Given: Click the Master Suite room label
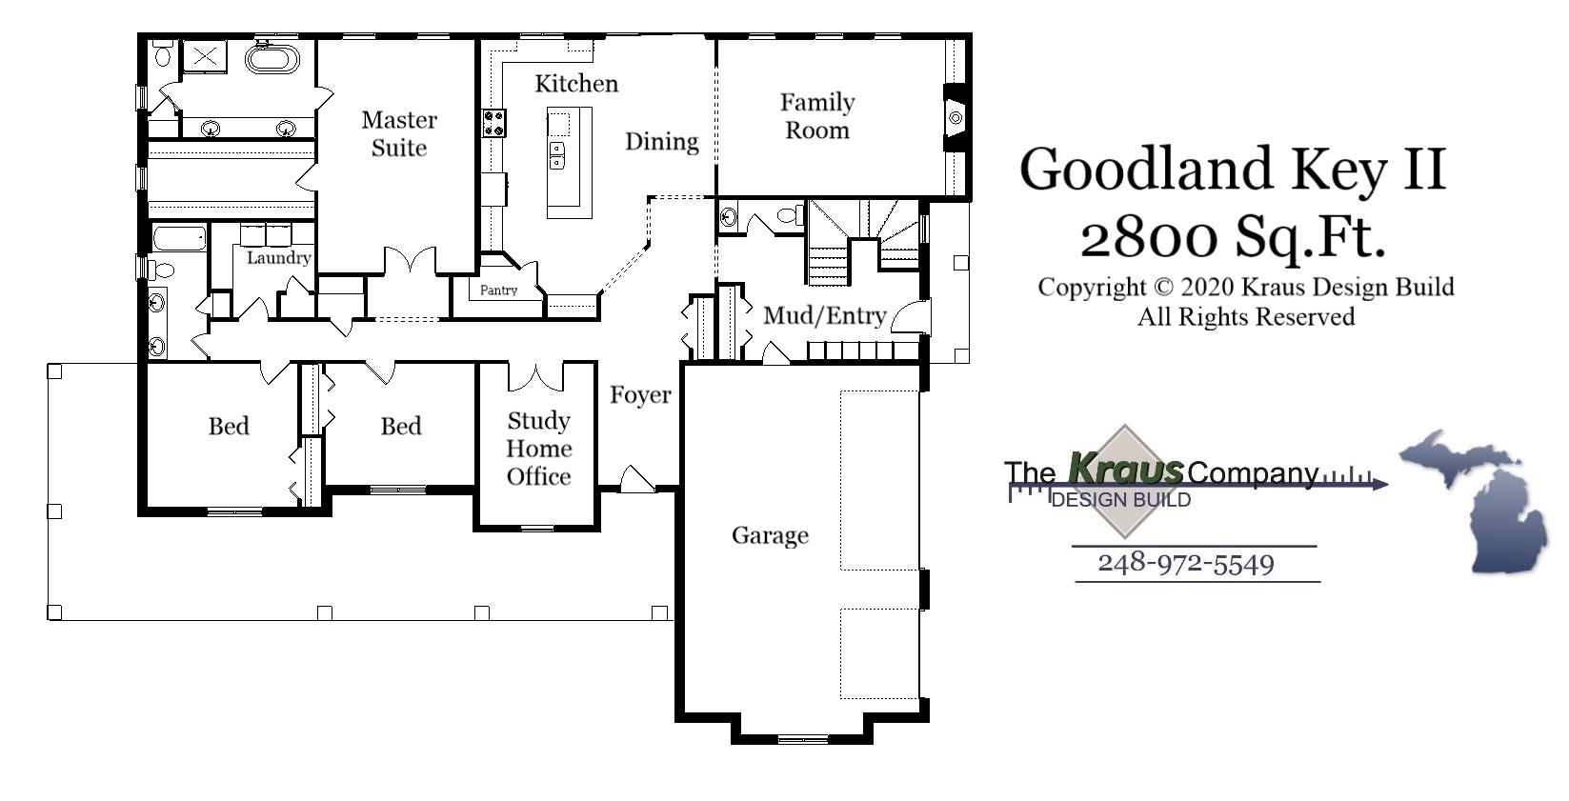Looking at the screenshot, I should click(399, 133).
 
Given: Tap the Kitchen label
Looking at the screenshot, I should click(576, 84).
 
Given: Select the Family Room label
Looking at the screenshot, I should click(817, 116).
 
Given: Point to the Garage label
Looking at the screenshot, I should click(770, 535).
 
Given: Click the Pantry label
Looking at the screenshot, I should click(498, 290).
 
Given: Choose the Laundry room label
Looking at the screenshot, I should click(278, 257).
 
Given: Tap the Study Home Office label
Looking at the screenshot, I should click(538, 449).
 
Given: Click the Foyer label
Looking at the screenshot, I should click(640, 394).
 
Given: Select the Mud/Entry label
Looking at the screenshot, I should click(825, 315).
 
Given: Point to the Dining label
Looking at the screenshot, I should click(661, 142).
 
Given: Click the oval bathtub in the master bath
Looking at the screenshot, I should click(272, 59).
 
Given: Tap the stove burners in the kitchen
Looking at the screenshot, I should click(493, 123).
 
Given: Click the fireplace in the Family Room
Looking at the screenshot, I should click(955, 117).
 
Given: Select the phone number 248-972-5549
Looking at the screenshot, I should click(1185, 563).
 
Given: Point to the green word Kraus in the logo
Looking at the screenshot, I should click(1125, 469).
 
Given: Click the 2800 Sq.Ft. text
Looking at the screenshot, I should click(1233, 236).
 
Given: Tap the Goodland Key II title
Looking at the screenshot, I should click(1233, 169).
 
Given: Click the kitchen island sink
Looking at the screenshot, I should click(557, 155).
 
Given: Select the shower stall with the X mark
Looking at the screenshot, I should click(204, 56).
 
